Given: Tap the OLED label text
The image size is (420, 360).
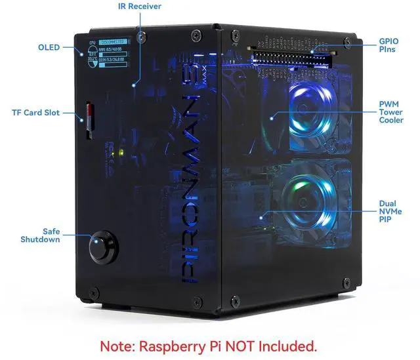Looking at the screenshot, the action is tap(49, 47).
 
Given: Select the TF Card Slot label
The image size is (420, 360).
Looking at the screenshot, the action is tap(35, 113).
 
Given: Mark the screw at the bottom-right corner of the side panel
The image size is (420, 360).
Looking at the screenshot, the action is tap(346, 283).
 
